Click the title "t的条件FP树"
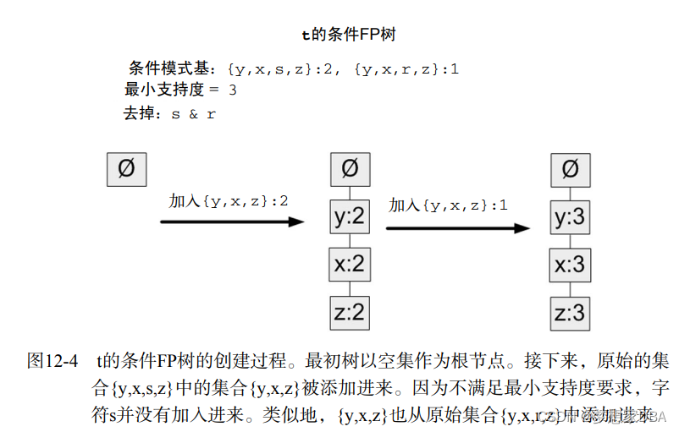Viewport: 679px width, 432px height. click(x=349, y=36)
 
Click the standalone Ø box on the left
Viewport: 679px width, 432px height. click(x=125, y=168)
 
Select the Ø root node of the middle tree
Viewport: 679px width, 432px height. click(x=350, y=168)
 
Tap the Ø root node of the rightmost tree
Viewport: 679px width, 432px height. click(x=570, y=169)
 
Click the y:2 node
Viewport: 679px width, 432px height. click(x=350, y=217)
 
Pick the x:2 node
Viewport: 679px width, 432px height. click(x=350, y=265)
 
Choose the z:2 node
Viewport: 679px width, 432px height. click(x=350, y=312)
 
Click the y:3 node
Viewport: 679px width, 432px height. click(x=570, y=218)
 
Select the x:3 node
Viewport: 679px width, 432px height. click(x=570, y=265)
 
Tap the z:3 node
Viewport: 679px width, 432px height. click(x=570, y=313)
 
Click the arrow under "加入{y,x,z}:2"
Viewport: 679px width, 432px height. click(x=232, y=221)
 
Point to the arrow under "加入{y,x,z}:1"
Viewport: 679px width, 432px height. click(x=458, y=227)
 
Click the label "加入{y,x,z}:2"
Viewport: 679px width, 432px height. click(x=229, y=201)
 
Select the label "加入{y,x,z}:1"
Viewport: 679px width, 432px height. click(x=449, y=205)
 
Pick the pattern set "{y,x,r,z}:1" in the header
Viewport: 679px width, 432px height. click(x=406, y=69)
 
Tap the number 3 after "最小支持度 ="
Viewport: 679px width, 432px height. click(x=232, y=90)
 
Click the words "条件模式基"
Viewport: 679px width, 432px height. click(x=168, y=68)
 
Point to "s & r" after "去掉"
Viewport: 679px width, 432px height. click(x=193, y=113)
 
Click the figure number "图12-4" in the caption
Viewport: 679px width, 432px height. click(x=52, y=361)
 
